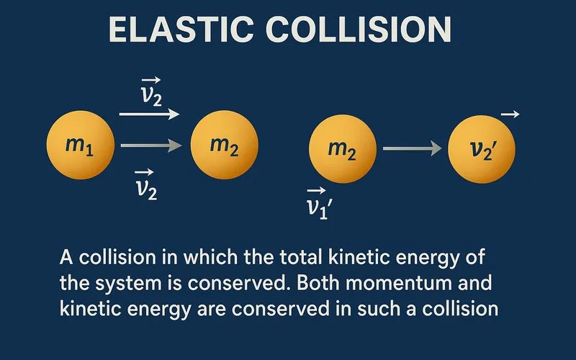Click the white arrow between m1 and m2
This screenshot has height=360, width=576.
pyautogui.click(x=150, y=114)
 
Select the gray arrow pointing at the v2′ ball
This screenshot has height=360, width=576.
pyautogui.click(x=412, y=148)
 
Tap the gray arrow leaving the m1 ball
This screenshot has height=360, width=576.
pyautogui.click(x=150, y=146)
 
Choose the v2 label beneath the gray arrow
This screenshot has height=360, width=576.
pyautogui.click(x=147, y=186)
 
